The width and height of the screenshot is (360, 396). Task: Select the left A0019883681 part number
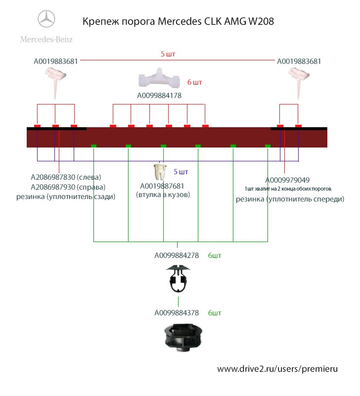[x=56, y=62]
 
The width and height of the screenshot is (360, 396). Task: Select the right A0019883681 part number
[x=299, y=62]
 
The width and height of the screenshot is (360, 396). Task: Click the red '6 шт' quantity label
[x=194, y=82]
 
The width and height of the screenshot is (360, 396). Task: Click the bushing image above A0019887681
[x=159, y=172]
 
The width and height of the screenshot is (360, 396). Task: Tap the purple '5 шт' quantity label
[x=180, y=172]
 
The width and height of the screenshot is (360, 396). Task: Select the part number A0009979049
[x=288, y=180]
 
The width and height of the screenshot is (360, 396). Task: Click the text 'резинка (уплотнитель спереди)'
[x=289, y=199]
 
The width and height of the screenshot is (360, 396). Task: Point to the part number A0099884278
[x=177, y=256]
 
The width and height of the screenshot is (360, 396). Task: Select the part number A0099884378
[x=177, y=313]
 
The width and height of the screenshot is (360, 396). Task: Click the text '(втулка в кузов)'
[x=163, y=195]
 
